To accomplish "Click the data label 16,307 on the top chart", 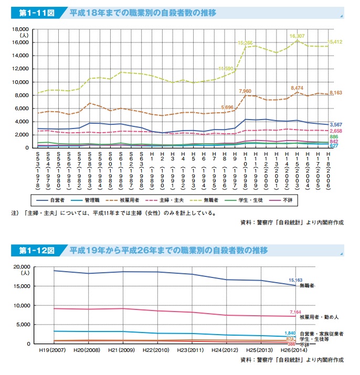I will tap(297, 36).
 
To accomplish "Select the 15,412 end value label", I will tap(336, 41).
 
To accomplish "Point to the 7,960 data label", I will tap(245, 91).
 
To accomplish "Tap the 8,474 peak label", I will tap(297, 88).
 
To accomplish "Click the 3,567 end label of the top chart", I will tap(336, 124).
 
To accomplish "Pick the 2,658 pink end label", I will tap(336, 131).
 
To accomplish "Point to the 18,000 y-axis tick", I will tap(20, 29).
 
